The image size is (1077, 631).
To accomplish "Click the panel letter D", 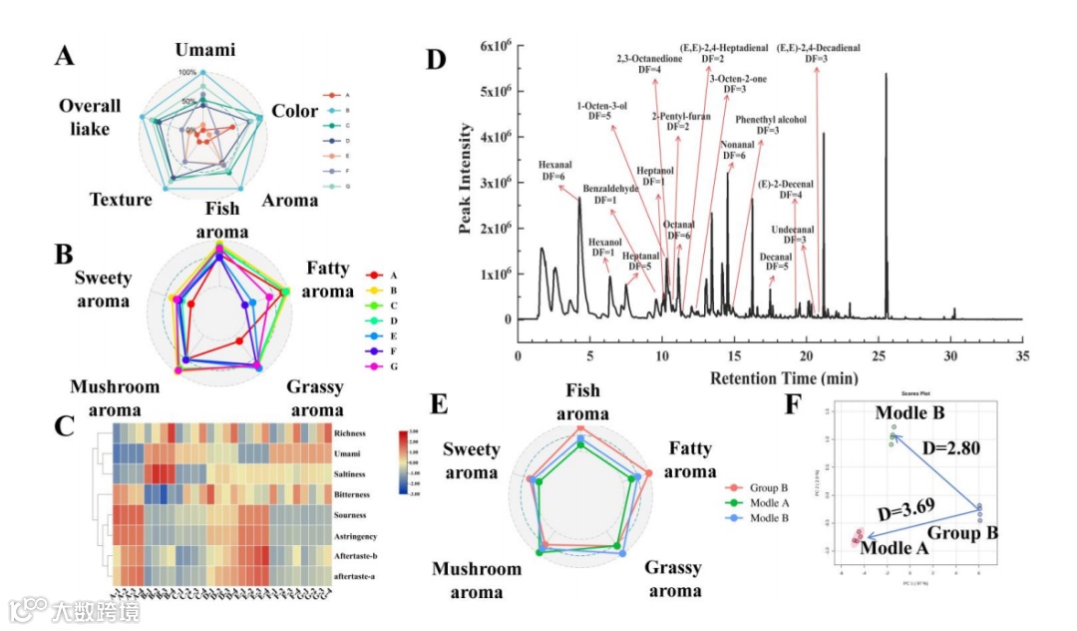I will pyautogui.click(x=436, y=59).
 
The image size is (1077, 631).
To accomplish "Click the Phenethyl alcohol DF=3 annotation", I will pyautogui.click(x=766, y=125).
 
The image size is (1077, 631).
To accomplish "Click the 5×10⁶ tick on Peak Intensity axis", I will pyautogui.click(x=493, y=91).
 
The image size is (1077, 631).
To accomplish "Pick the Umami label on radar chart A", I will pyautogui.click(x=205, y=51).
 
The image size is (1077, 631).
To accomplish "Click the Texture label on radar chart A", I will pyautogui.click(x=121, y=200).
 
